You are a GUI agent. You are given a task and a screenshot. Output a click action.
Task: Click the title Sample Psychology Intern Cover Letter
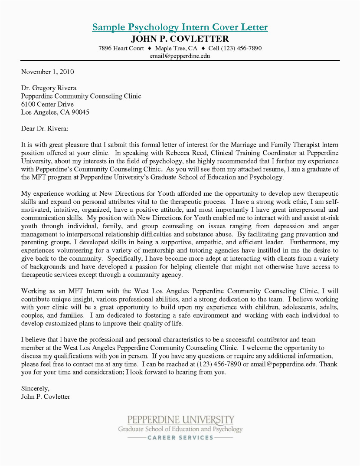[180, 27]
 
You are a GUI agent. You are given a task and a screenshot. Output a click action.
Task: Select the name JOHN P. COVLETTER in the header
[180, 39]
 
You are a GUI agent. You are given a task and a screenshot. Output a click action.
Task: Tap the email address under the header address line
[180, 56]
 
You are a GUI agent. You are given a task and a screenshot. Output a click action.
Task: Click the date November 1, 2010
[48, 72]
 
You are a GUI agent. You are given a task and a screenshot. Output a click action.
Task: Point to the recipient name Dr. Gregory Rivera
[49, 88]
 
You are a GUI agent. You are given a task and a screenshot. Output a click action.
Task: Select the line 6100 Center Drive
[48, 104]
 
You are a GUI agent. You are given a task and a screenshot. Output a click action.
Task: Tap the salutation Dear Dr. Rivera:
[45, 128]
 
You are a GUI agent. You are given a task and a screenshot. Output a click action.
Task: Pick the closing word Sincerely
[35, 388]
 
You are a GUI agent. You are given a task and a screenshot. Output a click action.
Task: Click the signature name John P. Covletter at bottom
[46, 397]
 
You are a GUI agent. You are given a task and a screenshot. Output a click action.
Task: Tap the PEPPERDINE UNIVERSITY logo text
[180, 420]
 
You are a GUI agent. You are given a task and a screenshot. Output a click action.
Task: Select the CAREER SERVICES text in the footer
[180, 437]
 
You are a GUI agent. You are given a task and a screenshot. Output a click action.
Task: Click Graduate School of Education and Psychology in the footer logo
[180, 429]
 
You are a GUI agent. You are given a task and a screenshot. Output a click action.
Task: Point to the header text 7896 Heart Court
[121, 48]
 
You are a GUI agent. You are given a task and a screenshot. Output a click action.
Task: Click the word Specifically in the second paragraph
[116, 259]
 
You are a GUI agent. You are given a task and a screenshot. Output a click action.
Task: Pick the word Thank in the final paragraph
[329, 364]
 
